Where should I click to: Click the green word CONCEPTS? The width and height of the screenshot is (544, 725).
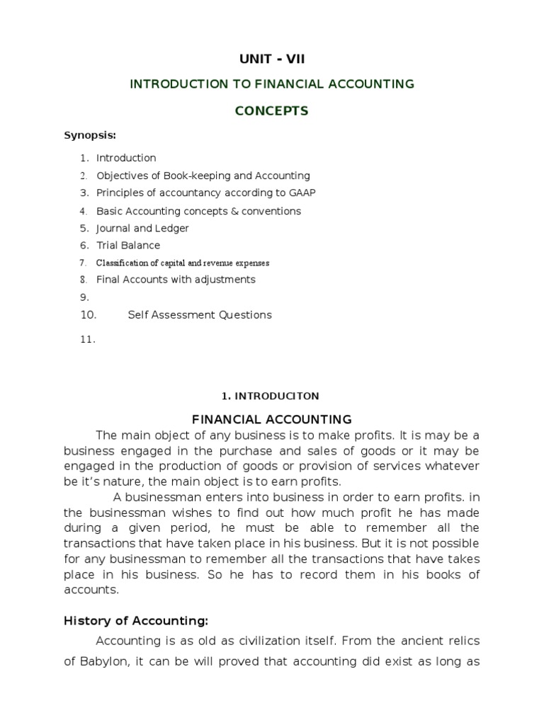coord(271,111)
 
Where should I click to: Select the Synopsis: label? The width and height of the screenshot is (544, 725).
coord(90,135)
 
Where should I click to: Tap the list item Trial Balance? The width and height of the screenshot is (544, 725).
coord(128,246)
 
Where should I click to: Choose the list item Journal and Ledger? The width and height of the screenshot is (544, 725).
coord(142,229)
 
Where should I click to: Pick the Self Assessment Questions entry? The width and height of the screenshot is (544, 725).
coord(199,315)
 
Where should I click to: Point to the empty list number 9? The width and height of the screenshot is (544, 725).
coord(84,297)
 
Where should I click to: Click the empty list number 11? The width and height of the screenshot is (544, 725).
coord(87,340)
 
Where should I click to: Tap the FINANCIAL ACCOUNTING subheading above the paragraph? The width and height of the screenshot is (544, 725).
coord(272,420)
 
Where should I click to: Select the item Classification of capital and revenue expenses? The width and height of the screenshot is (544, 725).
coord(183,263)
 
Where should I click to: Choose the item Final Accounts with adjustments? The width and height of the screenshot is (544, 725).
coord(176,280)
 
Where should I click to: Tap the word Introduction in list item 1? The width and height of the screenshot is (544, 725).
coord(126,158)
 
